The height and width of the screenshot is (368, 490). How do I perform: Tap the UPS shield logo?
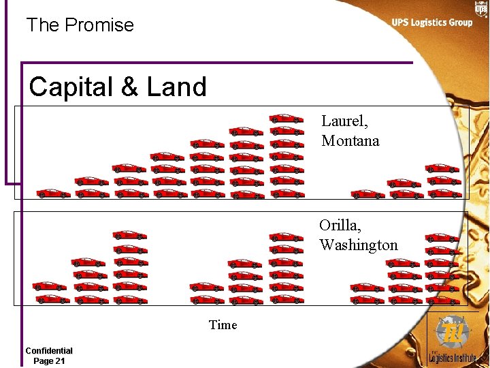click(x=480, y=9)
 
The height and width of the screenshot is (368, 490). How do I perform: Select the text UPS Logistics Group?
click(x=431, y=22)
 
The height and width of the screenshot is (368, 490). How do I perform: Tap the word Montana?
click(x=350, y=141)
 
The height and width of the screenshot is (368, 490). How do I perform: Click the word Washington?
click(x=359, y=245)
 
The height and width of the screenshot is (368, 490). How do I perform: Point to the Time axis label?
click(x=223, y=325)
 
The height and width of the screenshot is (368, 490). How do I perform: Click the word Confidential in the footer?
click(x=49, y=350)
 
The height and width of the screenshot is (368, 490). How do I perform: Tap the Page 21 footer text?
click(x=49, y=361)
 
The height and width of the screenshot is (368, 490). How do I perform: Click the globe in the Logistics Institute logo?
click(x=453, y=333)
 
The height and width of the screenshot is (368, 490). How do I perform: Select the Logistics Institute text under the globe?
click(x=453, y=356)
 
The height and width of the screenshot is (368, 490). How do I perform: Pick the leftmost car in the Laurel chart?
click(x=53, y=194)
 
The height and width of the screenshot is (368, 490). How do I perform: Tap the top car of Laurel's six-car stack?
click(x=246, y=131)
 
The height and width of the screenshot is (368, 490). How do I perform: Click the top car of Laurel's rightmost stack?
click(x=442, y=168)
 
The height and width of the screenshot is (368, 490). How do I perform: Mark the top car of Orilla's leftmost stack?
click(x=50, y=286)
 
